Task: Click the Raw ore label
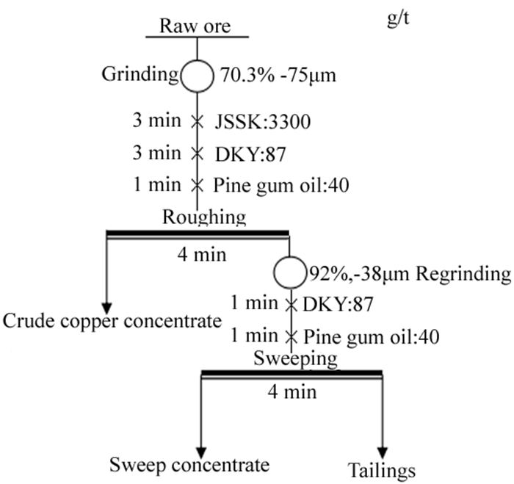coord(198,27)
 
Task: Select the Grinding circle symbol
coord(198,74)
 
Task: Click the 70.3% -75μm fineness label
coord(278,75)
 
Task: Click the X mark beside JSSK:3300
coord(197,122)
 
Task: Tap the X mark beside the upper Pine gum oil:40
coord(197,185)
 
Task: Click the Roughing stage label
coord(204,217)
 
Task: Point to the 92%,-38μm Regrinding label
coord(408,275)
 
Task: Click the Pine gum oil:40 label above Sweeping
coord(372,337)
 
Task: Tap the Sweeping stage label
coord(295,359)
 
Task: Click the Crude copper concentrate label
coord(112,321)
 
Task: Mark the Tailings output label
coord(383,470)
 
